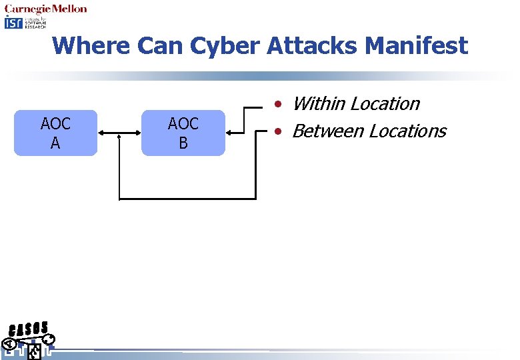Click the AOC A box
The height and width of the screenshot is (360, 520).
click(55, 133)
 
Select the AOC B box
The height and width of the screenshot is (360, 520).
click(183, 133)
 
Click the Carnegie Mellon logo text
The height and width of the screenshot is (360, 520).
click(46, 9)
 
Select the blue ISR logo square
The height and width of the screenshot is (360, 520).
click(13, 23)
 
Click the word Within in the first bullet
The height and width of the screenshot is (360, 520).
click(319, 104)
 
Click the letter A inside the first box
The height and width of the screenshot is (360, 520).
click(55, 143)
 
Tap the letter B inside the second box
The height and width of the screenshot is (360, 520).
click(183, 143)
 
